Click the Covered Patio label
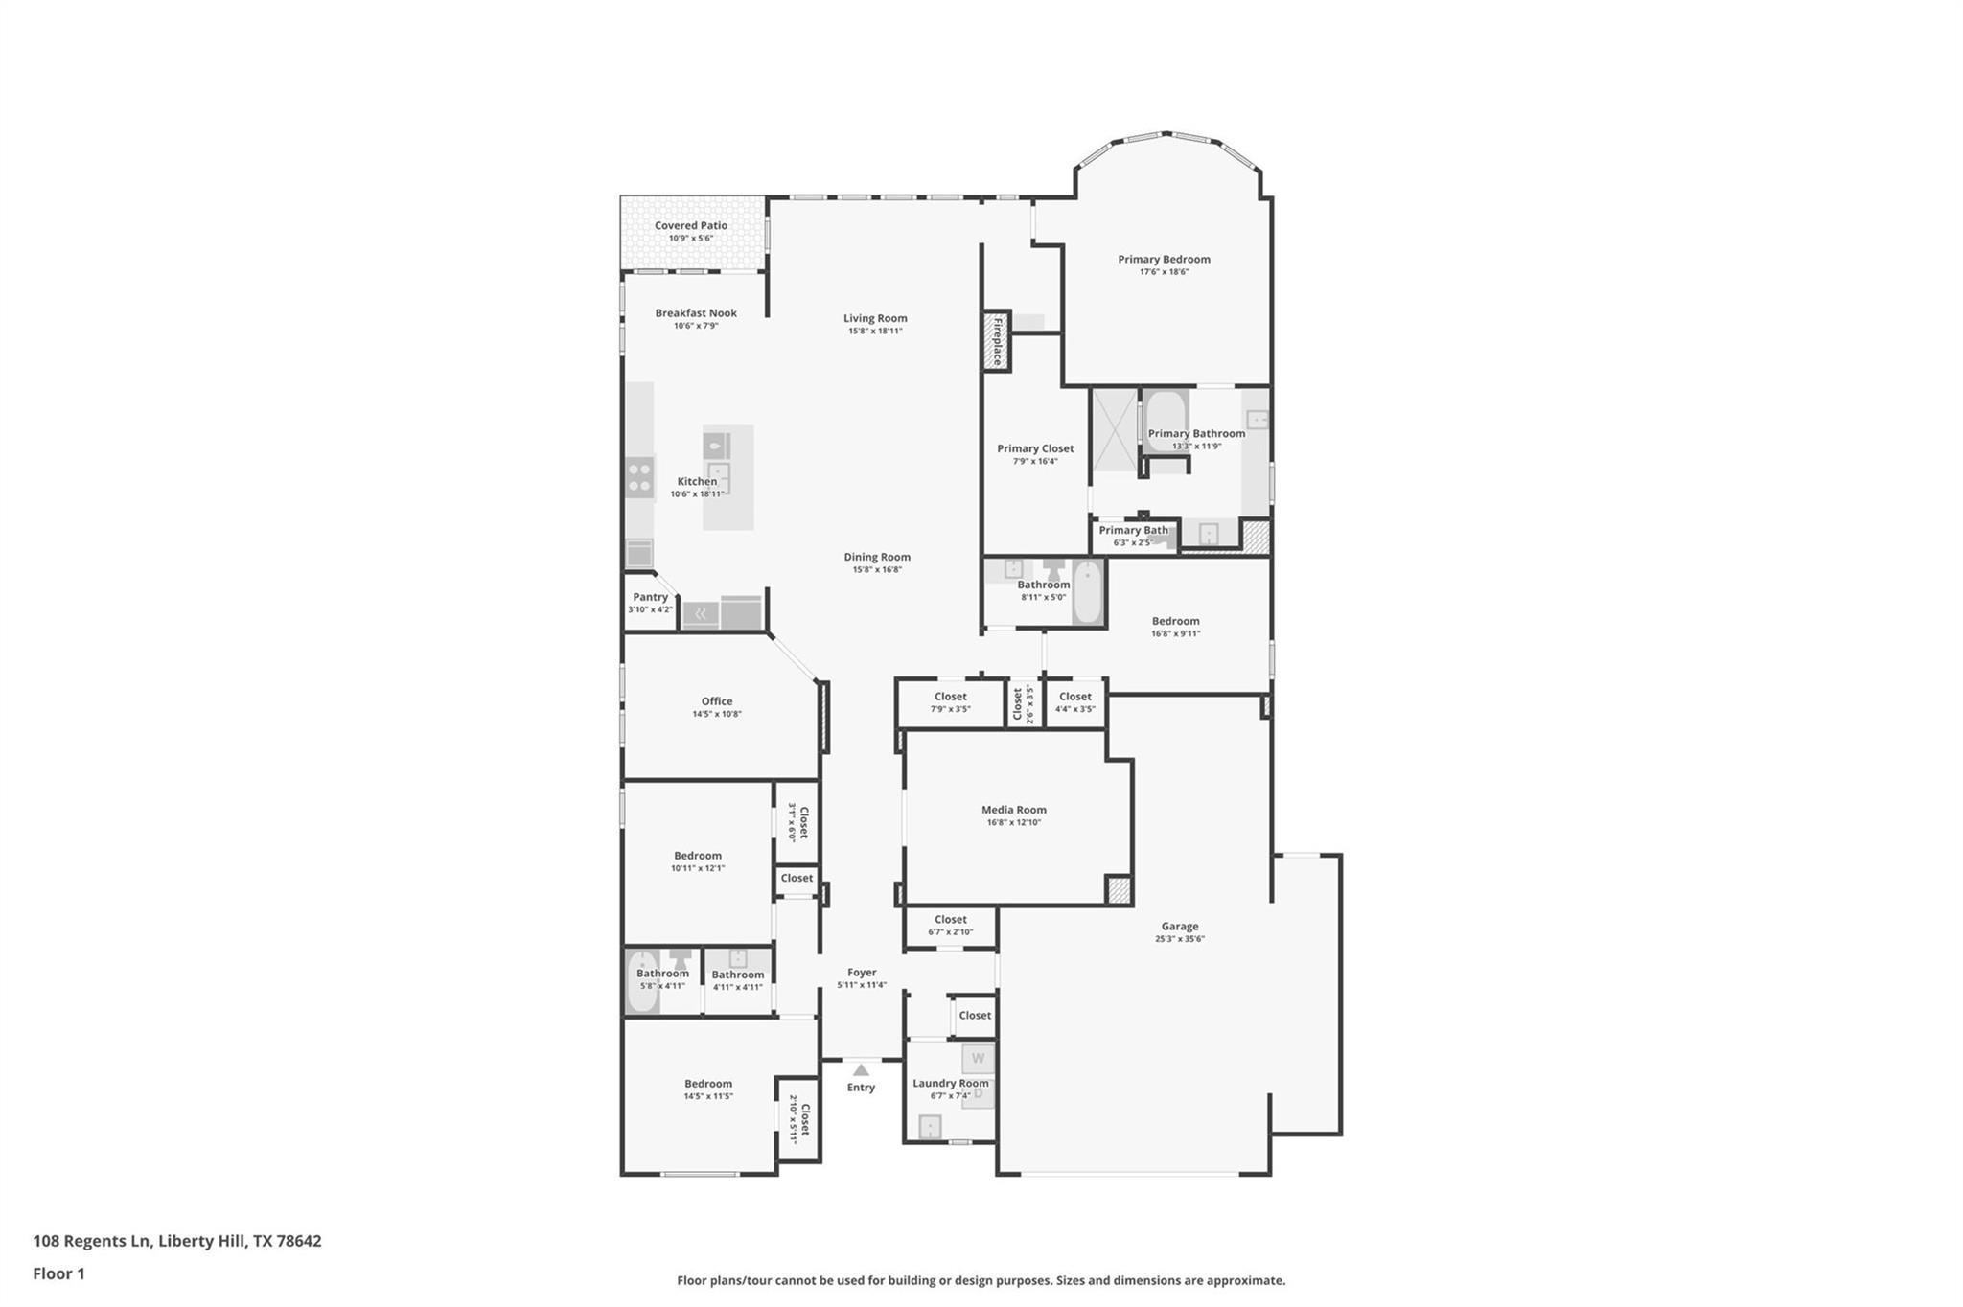click(690, 226)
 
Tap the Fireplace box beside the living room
click(997, 340)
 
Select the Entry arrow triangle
click(861, 1070)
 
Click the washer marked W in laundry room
click(978, 1059)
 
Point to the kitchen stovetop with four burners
click(639, 476)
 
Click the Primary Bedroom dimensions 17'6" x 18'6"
click(1164, 272)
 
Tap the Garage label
click(1179, 927)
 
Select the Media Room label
click(1013, 810)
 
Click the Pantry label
click(650, 597)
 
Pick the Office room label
click(716, 701)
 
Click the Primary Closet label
click(1034, 448)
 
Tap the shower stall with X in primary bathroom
click(1114, 430)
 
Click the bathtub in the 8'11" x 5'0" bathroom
click(1088, 592)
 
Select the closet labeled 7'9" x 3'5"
click(950, 702)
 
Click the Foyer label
click(861, 973)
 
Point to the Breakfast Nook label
click(696, 313)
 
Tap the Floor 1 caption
click(58, 1273)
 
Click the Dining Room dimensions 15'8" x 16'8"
click(876, 570)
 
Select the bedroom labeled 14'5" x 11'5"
click(707, 1089)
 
